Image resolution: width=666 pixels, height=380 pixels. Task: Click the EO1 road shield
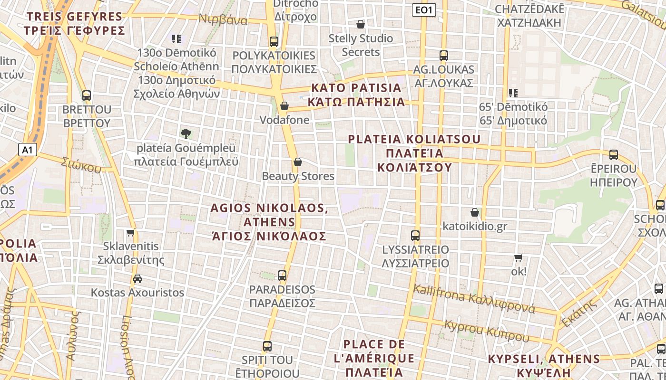click(423, 9)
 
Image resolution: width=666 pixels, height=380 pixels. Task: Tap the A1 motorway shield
click(28, 150)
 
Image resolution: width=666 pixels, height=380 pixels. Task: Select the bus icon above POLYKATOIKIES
click(274, 41)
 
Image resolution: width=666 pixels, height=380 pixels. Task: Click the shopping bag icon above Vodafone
click(284, 105)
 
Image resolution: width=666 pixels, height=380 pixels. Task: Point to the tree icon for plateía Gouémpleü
click(186, 134)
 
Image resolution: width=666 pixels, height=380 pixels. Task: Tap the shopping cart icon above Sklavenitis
click(131, 233)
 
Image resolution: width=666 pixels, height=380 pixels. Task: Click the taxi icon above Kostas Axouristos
click(137, 278)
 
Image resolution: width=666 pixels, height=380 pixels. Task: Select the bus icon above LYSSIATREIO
click(415, 235)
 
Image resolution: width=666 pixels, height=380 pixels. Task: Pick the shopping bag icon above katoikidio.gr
click(474, 212)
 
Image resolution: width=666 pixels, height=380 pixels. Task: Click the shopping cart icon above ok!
click(519, 257)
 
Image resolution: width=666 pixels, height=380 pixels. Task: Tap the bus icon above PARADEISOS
click(282, 275)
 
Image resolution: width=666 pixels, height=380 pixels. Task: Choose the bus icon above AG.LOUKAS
click(444, 55)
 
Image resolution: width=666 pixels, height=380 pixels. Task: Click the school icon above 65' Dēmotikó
click(513, 93)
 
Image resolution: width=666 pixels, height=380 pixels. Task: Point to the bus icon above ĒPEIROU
click(614, 154)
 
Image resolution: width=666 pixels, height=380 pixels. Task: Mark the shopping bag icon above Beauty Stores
click(298, 162)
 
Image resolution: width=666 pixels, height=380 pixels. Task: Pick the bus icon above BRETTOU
click(87, 95)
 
